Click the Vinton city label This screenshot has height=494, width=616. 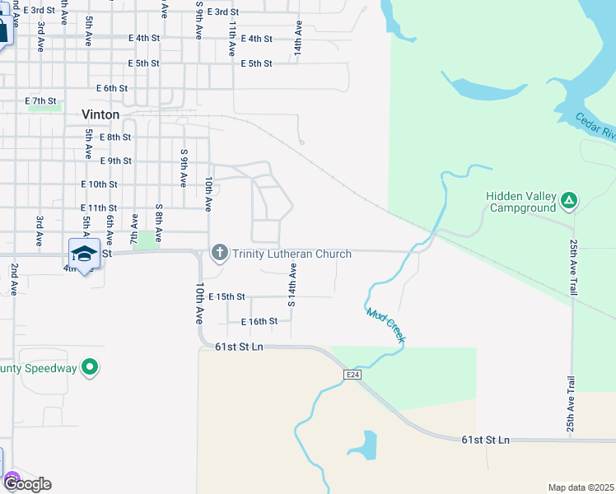click(100, 114)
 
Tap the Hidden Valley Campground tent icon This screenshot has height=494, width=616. click(569, 200)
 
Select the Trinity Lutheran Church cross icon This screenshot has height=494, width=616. click(219, 253)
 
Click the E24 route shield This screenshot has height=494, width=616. click(352, 375)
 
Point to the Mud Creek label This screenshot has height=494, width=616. click(385, 326)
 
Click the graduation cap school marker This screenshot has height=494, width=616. click(84, 254)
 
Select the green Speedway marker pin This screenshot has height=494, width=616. click(91, 368)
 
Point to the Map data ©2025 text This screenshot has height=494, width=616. click(581, 487)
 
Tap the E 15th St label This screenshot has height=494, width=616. click(227, 296)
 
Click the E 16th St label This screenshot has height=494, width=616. click(259, 322)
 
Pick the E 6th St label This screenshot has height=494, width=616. click(111, 88)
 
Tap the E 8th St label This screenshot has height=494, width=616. click(114, 137)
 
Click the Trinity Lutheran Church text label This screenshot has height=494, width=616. click(292, 254)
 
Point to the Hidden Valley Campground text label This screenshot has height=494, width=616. click(521, 202)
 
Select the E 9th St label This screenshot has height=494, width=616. click(115, 161)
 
